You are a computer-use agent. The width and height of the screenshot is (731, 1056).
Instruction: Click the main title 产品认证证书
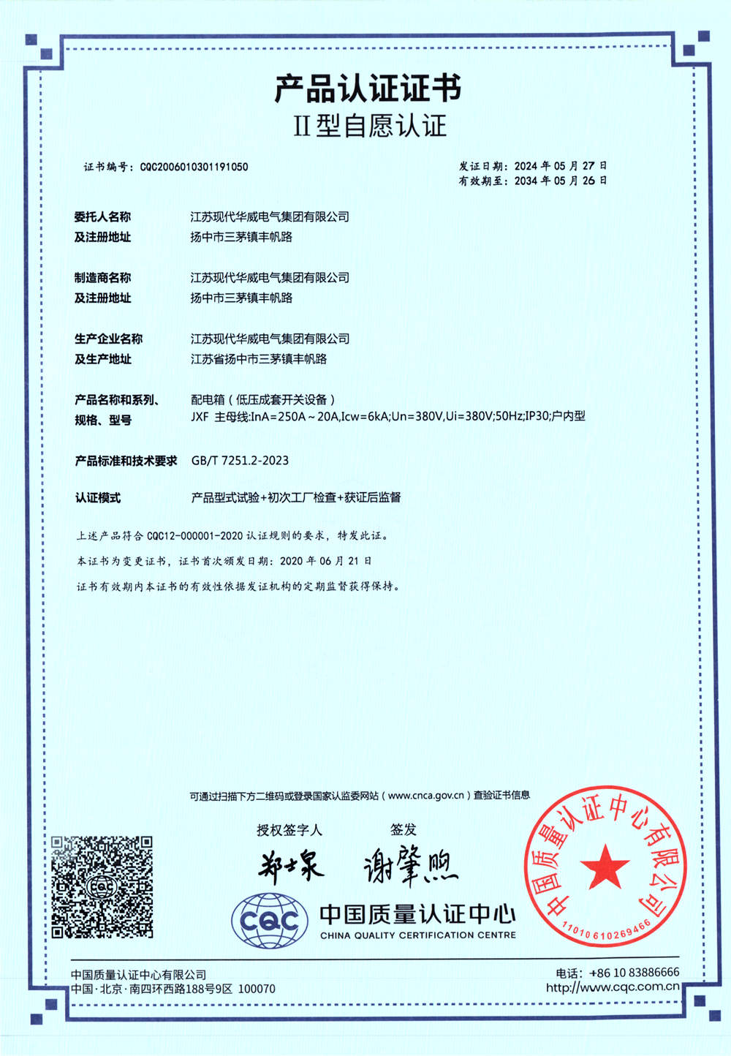click(x=368, y=89)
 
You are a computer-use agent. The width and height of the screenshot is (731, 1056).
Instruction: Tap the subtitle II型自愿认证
click(x=369, y=126)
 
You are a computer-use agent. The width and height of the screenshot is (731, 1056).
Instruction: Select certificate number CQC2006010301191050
click(x=194, y=167)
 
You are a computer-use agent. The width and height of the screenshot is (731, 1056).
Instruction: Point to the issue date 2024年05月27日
click(x=560, y=166)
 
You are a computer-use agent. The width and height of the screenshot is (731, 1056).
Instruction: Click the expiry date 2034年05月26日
click(x=560, y=181)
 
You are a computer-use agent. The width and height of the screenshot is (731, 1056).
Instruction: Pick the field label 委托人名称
click(x=102, y=216)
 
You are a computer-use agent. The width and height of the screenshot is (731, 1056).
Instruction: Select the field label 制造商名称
click(x=102, y=277)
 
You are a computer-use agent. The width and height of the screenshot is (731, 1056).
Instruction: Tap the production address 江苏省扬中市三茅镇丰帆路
click(x=259, y=359)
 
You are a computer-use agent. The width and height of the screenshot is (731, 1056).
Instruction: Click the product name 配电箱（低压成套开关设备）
click(x=263, y=399)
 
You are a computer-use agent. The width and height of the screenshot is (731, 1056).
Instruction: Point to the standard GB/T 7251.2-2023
click(x=240, y=460)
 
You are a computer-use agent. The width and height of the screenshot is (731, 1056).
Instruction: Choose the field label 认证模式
click(x=97, y=498)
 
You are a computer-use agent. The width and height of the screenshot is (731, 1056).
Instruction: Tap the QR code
click(x=102, y=886)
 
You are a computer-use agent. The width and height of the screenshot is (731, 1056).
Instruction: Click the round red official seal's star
click(x=605, y=866)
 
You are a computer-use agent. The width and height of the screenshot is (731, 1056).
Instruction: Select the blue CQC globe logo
click(x=269, y=921)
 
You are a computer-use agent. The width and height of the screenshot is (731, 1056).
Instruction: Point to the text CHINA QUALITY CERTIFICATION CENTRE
click(x=417, y=935)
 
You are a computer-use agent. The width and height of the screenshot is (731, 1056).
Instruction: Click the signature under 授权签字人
click(x=290, y=867)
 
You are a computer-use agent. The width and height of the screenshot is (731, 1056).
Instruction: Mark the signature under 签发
click(x=409, y=867)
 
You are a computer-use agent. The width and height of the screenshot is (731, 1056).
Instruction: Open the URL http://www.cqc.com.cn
click(x=613, y=987)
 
